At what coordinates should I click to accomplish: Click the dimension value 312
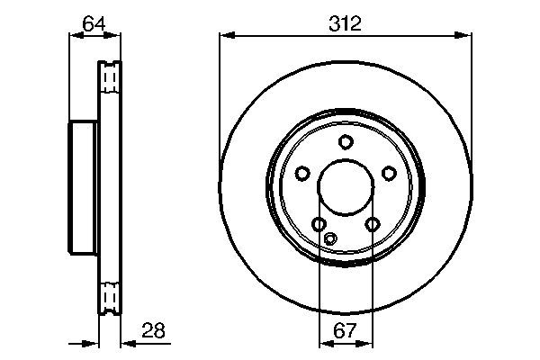point(345,24)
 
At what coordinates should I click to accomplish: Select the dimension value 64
point(94,24)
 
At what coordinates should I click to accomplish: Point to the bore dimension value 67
point(345,332)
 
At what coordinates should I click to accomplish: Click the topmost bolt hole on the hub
point(346,141)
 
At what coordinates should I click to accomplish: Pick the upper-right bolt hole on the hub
point(389,173)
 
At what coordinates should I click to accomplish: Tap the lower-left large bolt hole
point(319,224)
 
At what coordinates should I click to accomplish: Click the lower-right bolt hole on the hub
point(372,224)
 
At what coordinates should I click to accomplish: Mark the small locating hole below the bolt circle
point(330,238)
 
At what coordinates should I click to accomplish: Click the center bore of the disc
point(346,188)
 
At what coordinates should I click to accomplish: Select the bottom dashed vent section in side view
point(109,296)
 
